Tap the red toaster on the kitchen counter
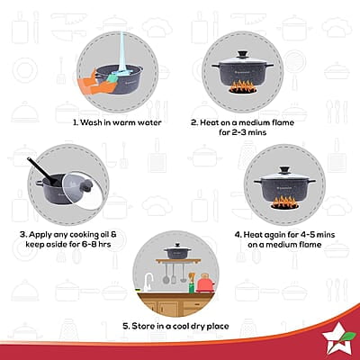[205, 284]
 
